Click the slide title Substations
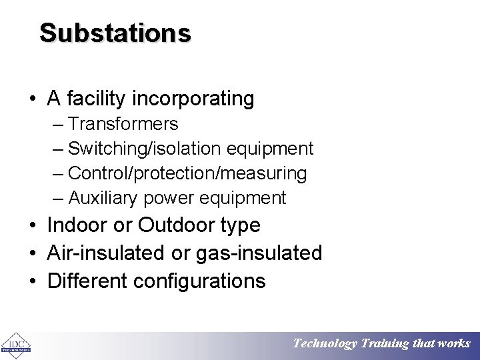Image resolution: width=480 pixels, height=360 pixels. click(115, 33)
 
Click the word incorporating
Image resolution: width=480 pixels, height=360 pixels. click(193, 99)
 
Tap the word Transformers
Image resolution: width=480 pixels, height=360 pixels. click(123, 124)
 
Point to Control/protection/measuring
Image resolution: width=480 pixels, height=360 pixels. click(187, 173)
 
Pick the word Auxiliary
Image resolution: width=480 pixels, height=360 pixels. click(100, 198)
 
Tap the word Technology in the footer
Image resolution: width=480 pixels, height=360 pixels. click(325, 344)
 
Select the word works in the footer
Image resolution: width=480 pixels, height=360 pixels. click(454, 344)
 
